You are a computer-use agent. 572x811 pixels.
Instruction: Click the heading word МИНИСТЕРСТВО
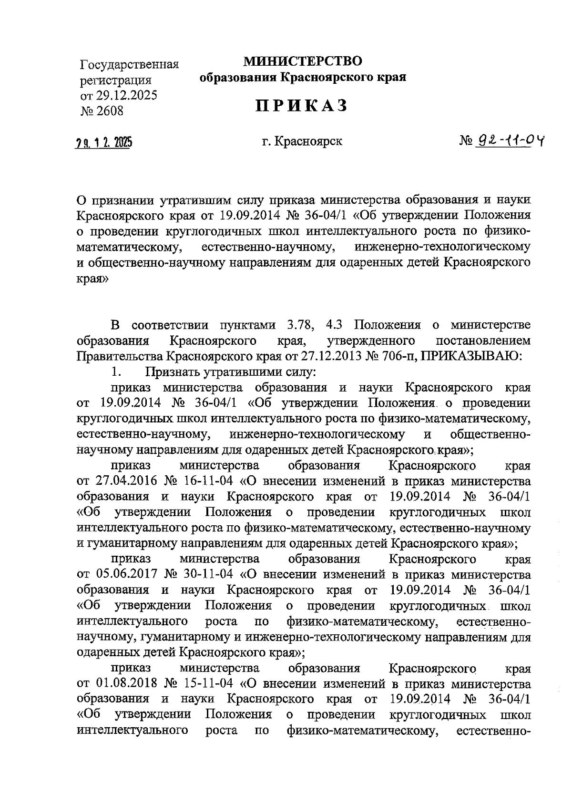(x=303, y=61)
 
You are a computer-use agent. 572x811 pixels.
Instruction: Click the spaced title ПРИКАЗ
(x=302, y=106)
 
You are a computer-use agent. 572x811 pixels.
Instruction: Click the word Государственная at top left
(x=130, y=65)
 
